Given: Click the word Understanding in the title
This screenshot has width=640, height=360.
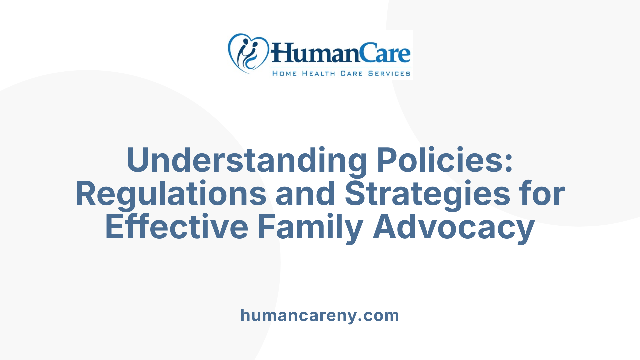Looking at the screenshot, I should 247,160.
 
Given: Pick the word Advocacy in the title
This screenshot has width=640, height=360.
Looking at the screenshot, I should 454,227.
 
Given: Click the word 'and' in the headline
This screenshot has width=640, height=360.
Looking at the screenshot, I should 305,194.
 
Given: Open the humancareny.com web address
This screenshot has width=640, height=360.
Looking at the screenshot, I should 320,315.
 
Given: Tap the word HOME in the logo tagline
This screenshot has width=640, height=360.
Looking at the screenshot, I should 284,73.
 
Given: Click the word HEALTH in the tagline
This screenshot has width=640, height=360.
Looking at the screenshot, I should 319,73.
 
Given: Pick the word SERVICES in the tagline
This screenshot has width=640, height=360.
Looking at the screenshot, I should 389,73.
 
